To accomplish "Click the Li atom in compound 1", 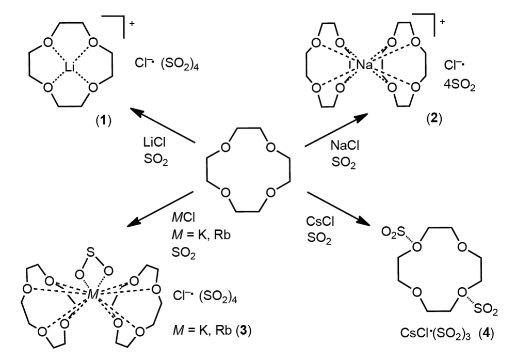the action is (70, 68).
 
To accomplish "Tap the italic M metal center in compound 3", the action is (93, 294).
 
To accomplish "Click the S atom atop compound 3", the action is (91, 252).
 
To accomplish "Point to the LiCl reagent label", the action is (154, 142).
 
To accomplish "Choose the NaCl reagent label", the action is (345, 145).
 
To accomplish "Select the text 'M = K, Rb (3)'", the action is (212, 330).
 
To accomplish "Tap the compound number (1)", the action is (104, 121).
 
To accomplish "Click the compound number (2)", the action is (434, 118).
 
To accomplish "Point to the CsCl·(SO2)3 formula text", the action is (435, 333).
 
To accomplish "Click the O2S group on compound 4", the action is (393, 232).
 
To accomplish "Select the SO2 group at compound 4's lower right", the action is (486, 309).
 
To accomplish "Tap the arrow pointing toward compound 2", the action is (336, 130).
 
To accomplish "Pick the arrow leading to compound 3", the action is (160, 209).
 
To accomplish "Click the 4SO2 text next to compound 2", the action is (459, 86).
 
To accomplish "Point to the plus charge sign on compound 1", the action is (132, 23).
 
